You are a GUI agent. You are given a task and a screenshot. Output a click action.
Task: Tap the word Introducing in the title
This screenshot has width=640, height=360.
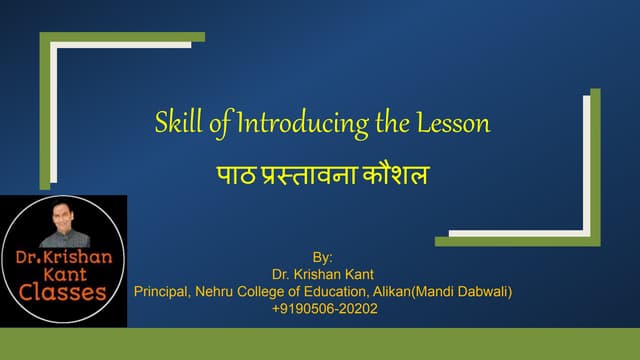coord(293,124)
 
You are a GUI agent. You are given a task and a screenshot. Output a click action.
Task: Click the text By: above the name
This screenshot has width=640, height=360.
coord(324,257)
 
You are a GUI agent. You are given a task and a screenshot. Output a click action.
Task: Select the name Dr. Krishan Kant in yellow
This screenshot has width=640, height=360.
coord(324,274)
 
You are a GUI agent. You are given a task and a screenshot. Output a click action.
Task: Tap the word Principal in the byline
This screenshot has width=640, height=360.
coord(162,292)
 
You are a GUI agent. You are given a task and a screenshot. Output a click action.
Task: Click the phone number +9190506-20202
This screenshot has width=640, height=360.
coord(324,309)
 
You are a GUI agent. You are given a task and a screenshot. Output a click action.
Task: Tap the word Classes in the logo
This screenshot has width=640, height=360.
coord(64,293)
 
